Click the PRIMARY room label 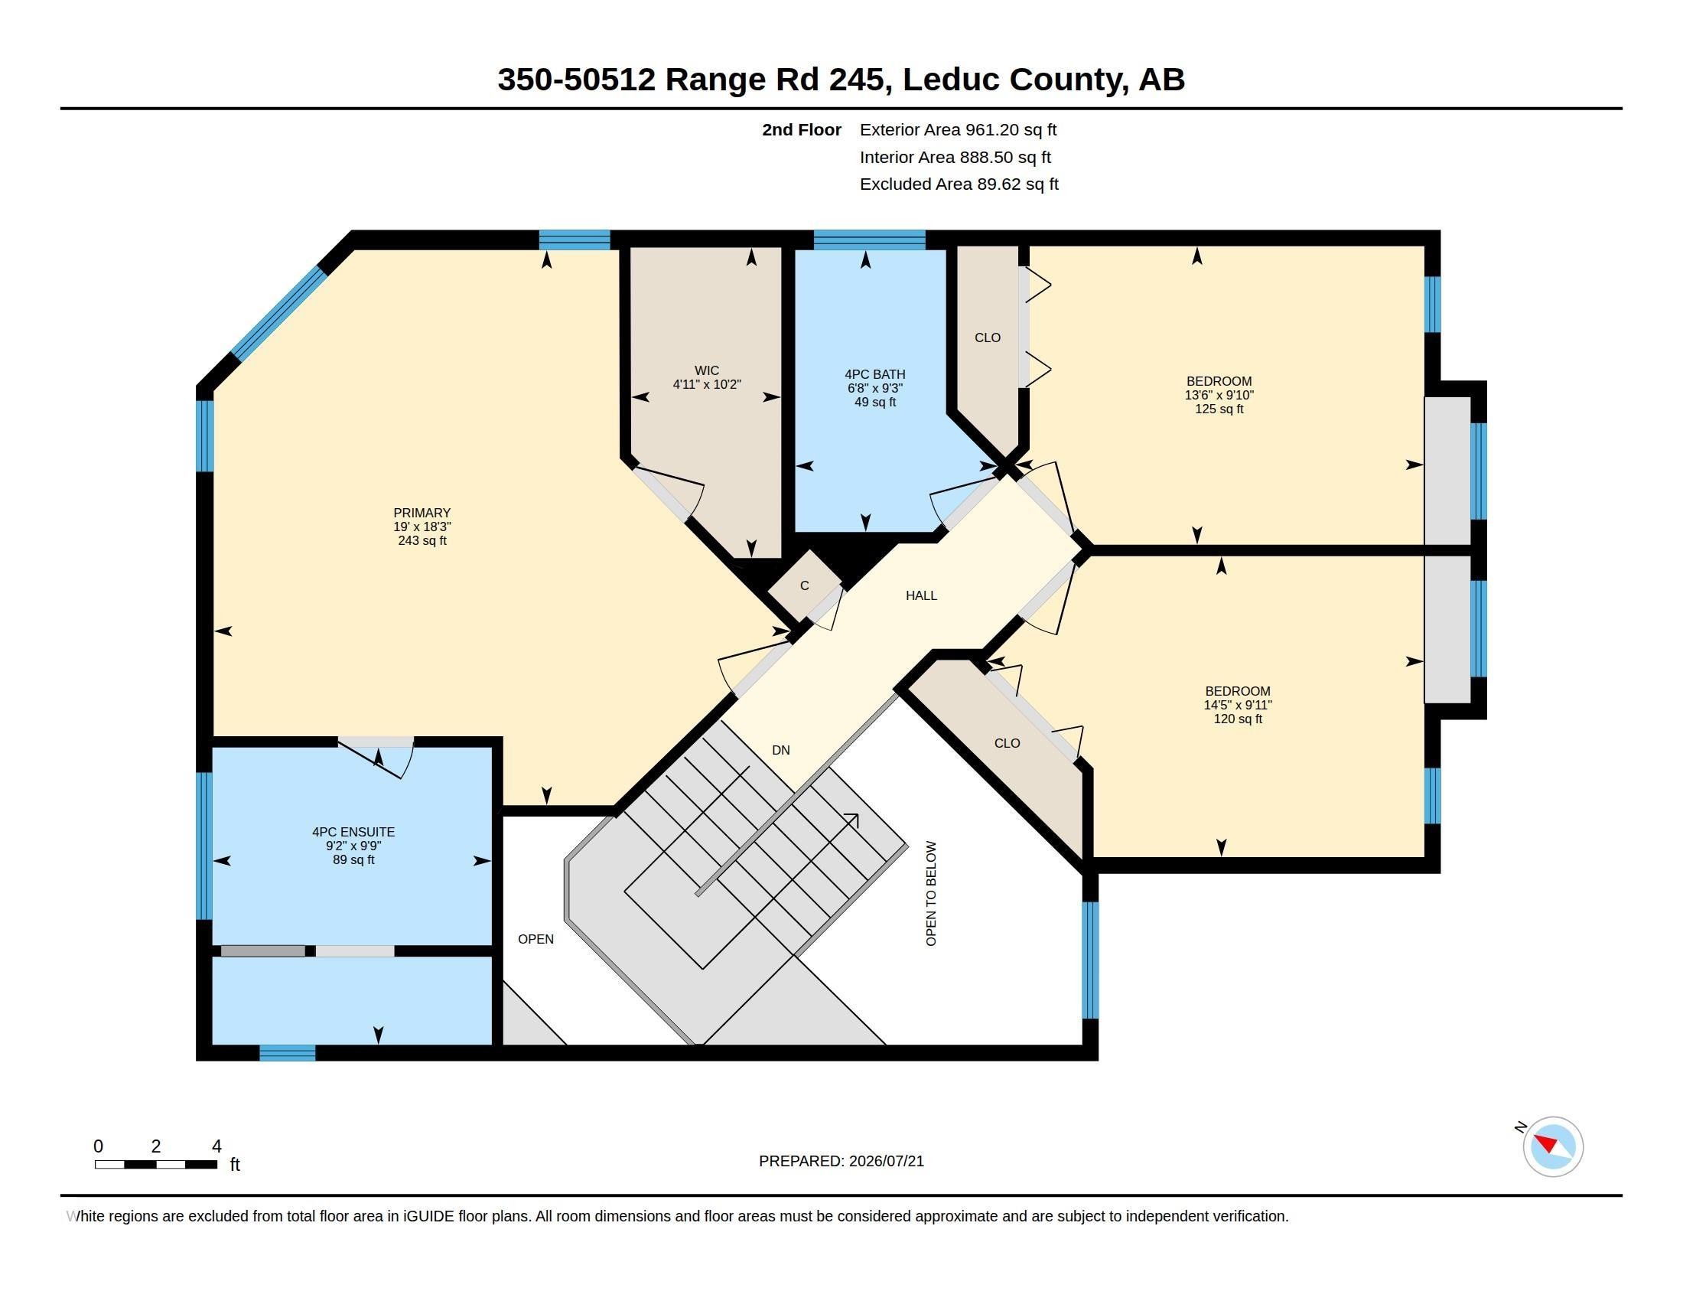pyautogui.click(x=422, y=513)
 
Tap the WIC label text pyautogui.click(x=707, y=370)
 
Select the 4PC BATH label pyautogui.click(x=874, y=374)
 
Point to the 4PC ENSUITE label pyautogui.click(x=353, y=832)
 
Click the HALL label pyautogui.click(x=922, y=595)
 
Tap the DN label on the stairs pyautogui.click(x=780, y=750)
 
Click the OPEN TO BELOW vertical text pyautogui.click(x=931, y=893)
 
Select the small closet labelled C pyautogui.click(x=805, y=585)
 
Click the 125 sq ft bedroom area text pyautogui.click(x=1219, y=409)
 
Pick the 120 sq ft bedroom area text pyautogui.click(x=1238, y=719)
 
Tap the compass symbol pyautogui.click(x=1553, y=1146)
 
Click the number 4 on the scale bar pyautogui.click(x=216, y=1146)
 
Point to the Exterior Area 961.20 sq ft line pyautogui.click(x=958, y=129)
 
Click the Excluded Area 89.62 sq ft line pyautogui.click(x=959, y=184)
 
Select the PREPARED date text pyautogui.click(x=841, y=1161)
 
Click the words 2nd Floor pyautogui.click(x=802, y=129)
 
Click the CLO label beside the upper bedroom pyautogui.click(x=987, y=337)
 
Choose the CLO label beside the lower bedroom pyautogui.click(x=1008, y=743)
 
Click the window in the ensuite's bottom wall pyautogui.click(x=288, y=1053)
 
